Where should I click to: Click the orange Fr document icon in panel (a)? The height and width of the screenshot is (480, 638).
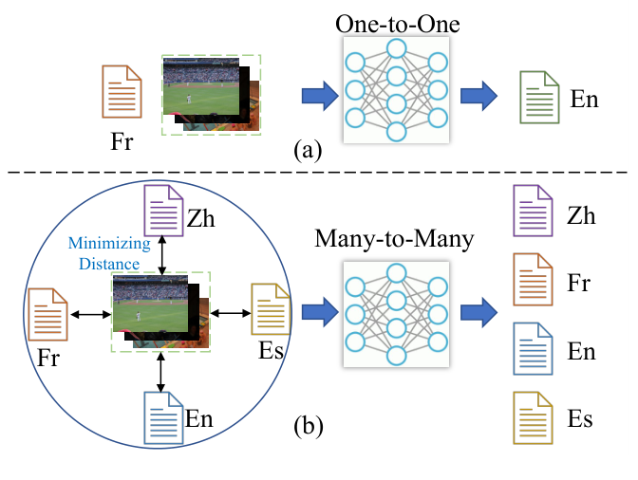click(x=122, y=92)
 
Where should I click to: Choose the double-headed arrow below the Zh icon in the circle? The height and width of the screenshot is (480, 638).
click(x=163, y=255)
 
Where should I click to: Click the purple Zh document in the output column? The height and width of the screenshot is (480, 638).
click(x=533, y=215)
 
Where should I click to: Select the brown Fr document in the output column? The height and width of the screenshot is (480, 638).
click(x=533, y=283)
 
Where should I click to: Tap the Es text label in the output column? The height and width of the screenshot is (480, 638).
click(x=582, y=417)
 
